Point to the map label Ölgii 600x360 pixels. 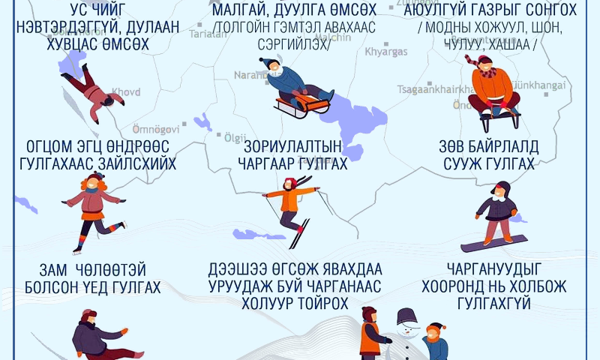(235, 137)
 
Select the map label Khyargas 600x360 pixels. (385, 52)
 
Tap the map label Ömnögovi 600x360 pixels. (155, 129)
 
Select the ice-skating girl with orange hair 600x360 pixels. (92, 206)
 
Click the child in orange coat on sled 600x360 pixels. (492, 86)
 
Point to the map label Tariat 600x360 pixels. (208, 34)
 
